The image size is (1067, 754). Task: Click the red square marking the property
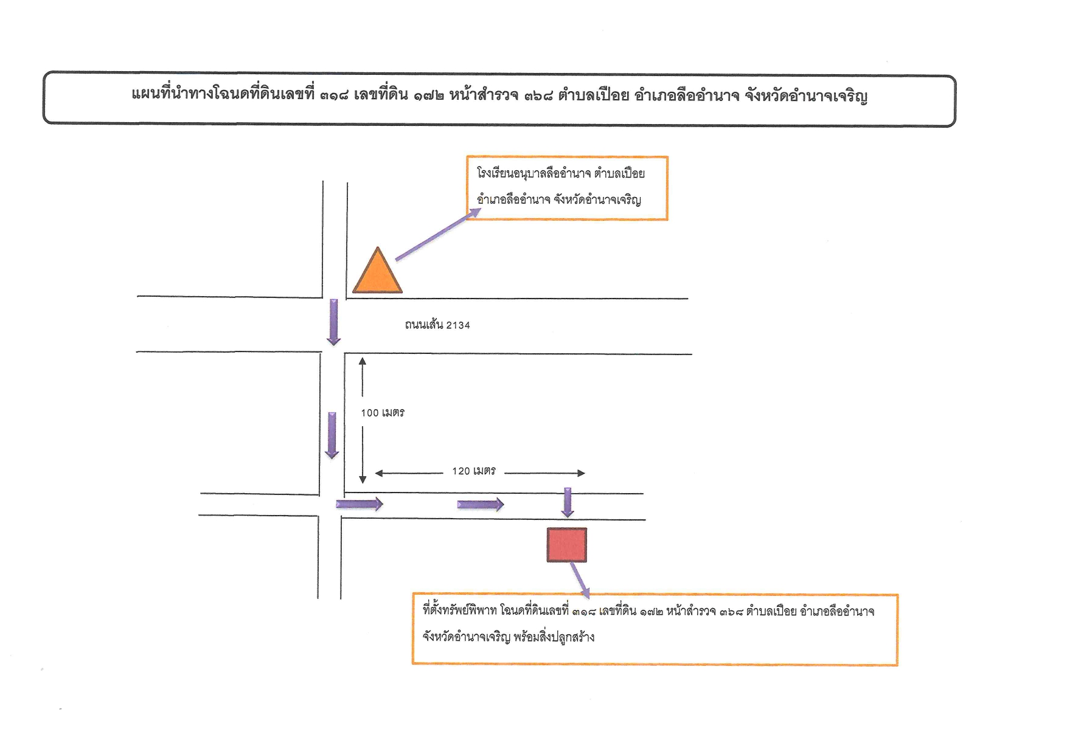tap(567, 545)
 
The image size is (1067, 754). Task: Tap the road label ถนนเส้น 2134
tap(437, 325)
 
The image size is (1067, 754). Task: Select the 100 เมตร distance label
tap(383, 413)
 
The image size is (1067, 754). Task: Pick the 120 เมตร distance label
tap(474, 471)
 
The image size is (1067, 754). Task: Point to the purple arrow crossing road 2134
tap(334, 322)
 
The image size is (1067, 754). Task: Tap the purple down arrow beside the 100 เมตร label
tap(332, 435)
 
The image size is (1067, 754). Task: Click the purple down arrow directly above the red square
tap(568, 502)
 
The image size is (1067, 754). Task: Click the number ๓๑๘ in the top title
tap(334, 95)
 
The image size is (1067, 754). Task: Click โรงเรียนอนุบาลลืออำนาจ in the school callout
tap(533, 173)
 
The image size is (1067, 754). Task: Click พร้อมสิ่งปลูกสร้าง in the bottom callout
tap(554, 637)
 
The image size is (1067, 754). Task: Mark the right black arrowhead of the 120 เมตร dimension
tap(582, 473)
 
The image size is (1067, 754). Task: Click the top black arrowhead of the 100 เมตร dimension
tap(363, 361)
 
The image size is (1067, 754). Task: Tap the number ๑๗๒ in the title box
tap(429, 95)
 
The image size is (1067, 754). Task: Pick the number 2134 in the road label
tap(458, 325)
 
